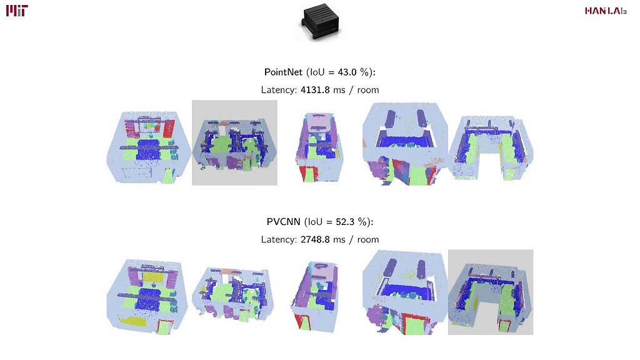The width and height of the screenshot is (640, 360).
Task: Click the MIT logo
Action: (17, 10)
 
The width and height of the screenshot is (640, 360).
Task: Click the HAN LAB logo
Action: (606, 11)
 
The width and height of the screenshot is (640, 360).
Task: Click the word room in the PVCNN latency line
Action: (367, 239)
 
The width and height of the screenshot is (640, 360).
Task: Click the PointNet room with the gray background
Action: (234, 142)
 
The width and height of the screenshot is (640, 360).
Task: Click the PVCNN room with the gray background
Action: (491, 292)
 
